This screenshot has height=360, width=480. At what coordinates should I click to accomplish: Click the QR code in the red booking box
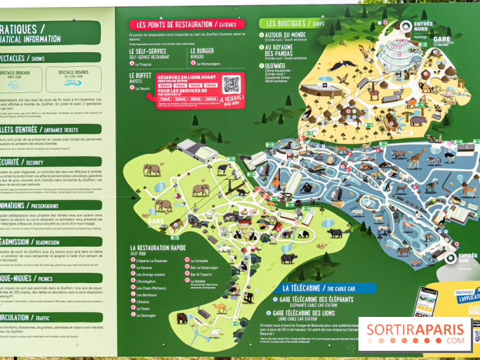coord(232,85)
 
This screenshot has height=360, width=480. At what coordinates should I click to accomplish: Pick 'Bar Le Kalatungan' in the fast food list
coord(207,268)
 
